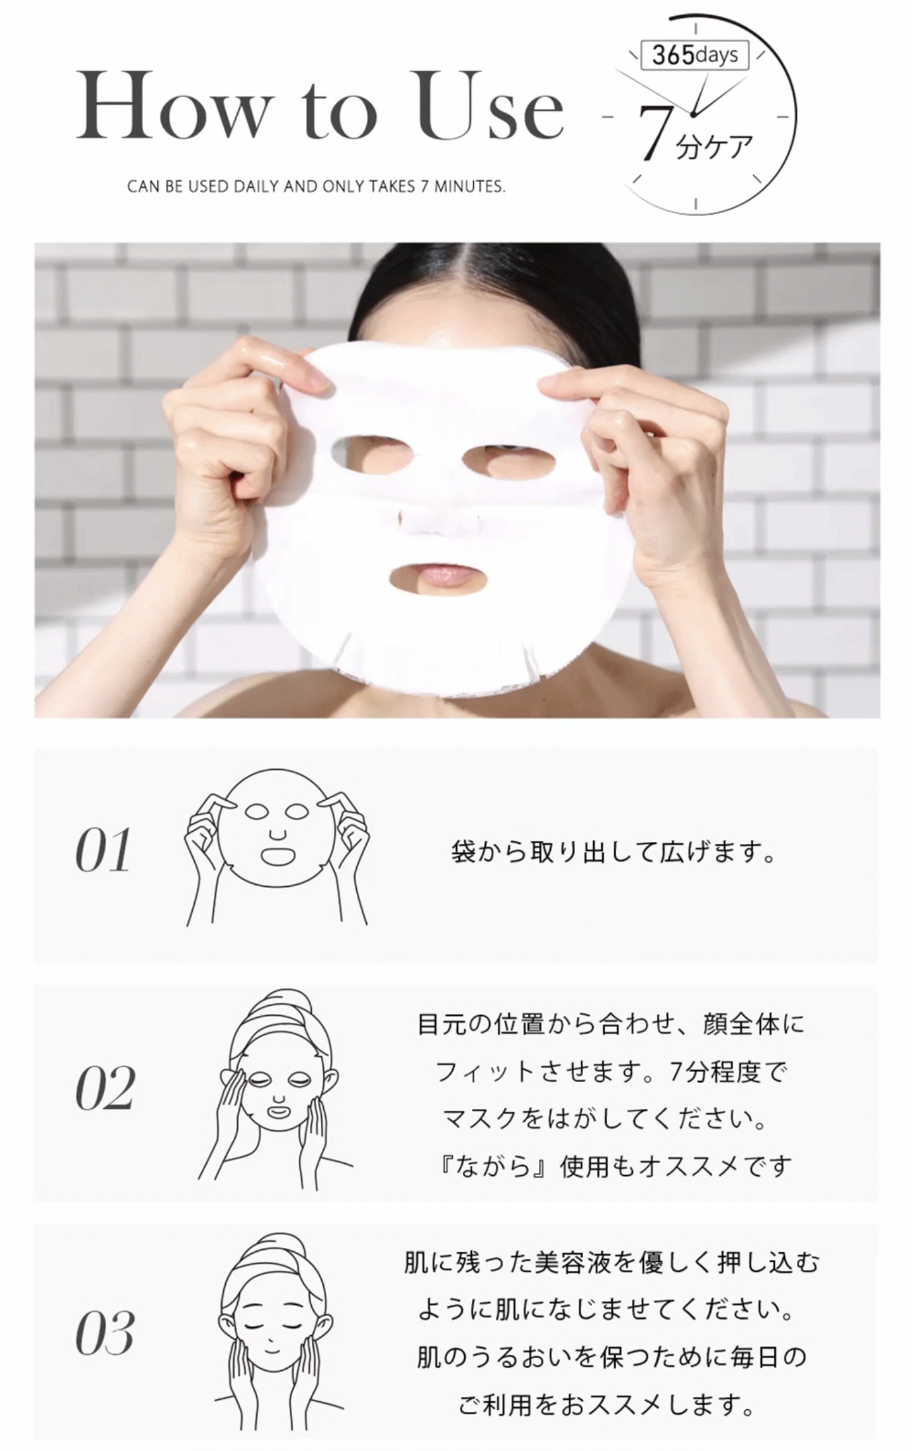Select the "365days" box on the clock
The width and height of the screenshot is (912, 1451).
point(694,56)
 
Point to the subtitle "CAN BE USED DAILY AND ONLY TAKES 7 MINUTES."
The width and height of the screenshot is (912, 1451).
point(316,187)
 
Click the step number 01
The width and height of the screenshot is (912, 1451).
point(103,851)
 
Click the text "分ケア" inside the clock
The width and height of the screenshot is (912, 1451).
point(715,147)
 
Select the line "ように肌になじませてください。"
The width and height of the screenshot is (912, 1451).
point(606,1309)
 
